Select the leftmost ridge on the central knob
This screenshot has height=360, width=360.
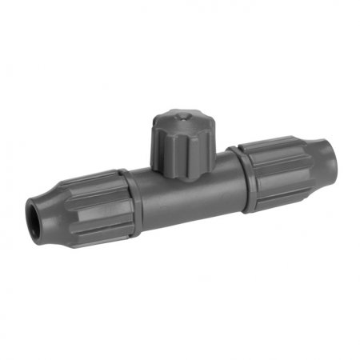click(154, 148)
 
